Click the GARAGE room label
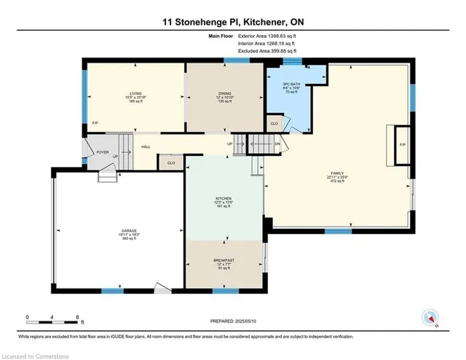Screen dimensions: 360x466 point(129,230)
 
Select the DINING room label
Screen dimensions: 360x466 point(224,93)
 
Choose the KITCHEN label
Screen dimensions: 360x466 point(224,197)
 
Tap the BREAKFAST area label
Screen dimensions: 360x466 point(224,260)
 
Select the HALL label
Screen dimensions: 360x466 point(146,146)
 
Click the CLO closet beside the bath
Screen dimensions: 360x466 point(274,124)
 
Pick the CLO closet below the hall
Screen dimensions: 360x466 point(171,163)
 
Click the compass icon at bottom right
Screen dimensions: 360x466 point(430,318)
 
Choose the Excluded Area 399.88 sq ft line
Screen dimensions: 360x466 point(261,52)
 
